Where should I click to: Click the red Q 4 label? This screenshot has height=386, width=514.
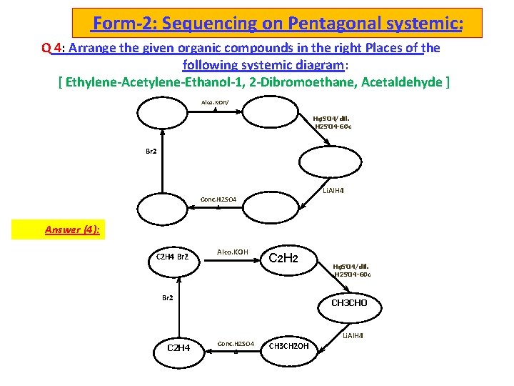tap(51, 49)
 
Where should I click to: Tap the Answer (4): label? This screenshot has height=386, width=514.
tap(71, 229)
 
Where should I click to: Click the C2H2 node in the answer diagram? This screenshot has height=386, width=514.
tap(282, 258)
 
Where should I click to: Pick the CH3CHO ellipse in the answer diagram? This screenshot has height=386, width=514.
tap(349, 302)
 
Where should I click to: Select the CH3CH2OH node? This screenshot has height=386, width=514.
tap(289, 347)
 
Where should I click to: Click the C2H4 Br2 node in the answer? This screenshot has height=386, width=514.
tap(172, 257)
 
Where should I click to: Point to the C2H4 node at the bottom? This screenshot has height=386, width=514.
tap(178, 347)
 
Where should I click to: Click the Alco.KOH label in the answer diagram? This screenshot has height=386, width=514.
tap(232, 252)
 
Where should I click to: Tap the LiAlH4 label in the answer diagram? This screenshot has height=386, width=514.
tap(353, 335)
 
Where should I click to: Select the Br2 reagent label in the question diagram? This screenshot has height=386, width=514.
tap(151, 152)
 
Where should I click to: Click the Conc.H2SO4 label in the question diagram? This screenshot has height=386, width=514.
tap(223, 199)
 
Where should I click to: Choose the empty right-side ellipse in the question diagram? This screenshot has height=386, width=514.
tap(331, 162)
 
